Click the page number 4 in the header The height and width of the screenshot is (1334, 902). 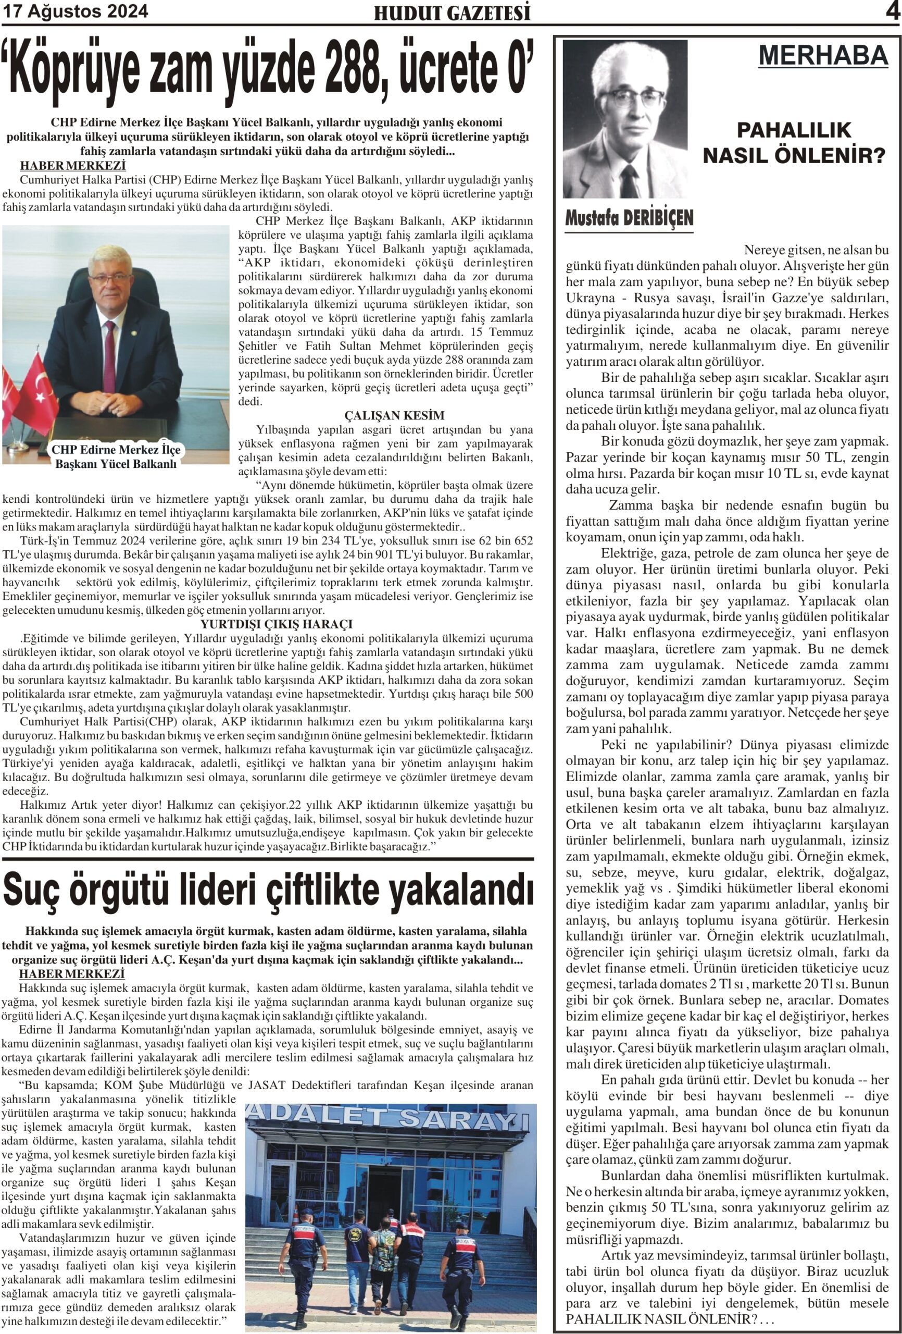pos(893,11)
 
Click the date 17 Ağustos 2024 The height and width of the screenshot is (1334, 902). pos(75,11)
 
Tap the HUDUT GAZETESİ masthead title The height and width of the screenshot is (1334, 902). pos(452,13)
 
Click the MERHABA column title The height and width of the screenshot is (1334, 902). pos(823,56)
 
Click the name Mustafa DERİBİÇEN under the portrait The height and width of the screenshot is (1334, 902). pos(629,218)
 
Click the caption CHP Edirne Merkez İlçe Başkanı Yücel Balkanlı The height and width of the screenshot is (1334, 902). pos(116,456)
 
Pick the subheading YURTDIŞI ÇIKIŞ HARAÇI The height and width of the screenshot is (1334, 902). pos(276,624)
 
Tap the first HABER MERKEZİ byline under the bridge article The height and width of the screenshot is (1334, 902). pos(73,166)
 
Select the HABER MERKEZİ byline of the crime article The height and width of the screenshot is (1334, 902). pos(72,974)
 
